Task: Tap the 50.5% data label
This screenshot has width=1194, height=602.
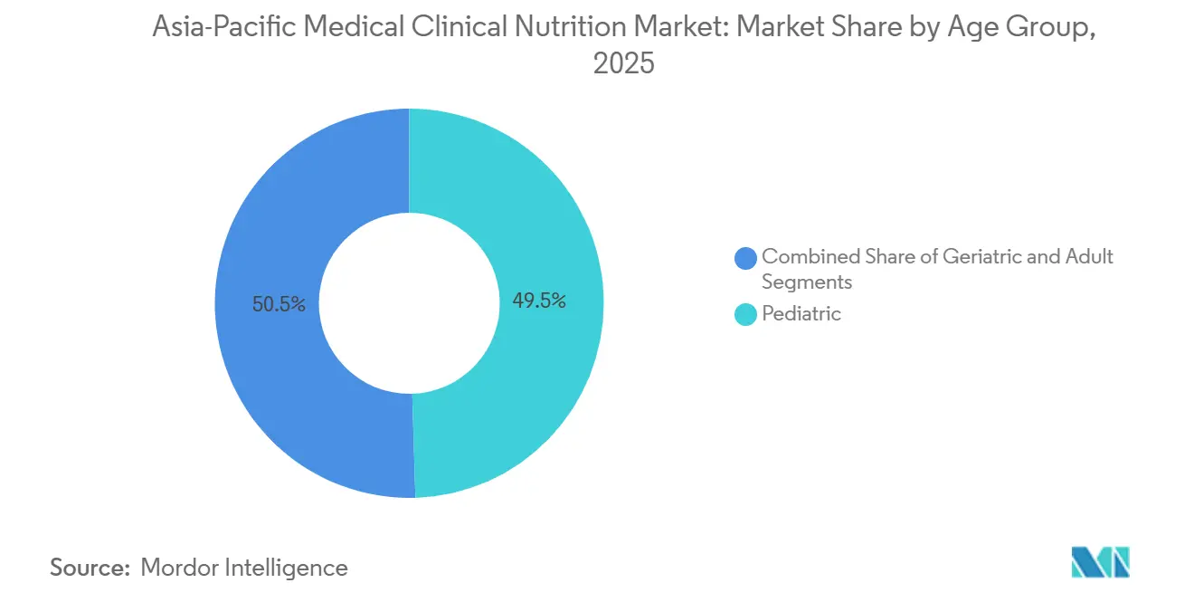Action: (x=279, y=304)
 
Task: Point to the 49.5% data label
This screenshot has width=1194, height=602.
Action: (x=539, y=301)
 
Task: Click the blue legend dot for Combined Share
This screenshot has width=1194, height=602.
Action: (x=746, y=258)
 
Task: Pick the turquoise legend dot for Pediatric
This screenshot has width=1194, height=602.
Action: (x=746, y=315)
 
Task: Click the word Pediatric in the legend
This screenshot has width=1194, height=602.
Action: (x=801, y=314)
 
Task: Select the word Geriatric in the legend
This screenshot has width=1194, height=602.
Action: (x=982, y=256)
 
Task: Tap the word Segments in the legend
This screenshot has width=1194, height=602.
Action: (x=807, y=282)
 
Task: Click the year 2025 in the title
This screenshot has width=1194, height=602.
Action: (x=622, y=64)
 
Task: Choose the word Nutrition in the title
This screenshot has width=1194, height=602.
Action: (x=562, y=28)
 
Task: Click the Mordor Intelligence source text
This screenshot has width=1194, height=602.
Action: (x=244, y=568)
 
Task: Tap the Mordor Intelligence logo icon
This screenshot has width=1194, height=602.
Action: (x=1100, y=562)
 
